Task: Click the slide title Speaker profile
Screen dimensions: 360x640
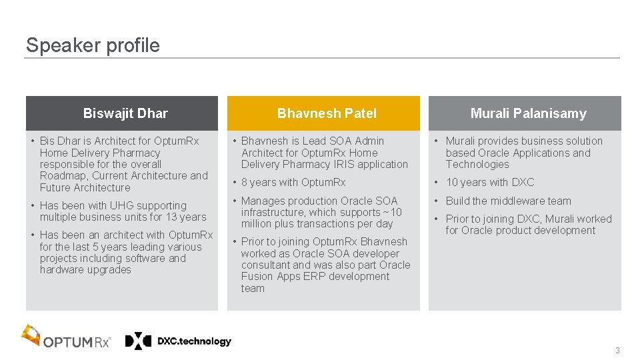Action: [x=93, y=45]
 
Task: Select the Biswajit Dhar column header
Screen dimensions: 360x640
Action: [x=125, y=113]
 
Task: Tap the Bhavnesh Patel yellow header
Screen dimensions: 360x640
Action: [x=327, y=113]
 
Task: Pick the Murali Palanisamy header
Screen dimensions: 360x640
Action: [x=528, y=113]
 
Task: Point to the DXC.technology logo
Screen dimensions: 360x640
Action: [x=179, y=341]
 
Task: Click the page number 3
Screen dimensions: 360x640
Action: [x=617, y=351]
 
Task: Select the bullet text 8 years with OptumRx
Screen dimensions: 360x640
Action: [x=293, y=182]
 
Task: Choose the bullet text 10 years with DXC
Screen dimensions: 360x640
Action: [x=490, y=182]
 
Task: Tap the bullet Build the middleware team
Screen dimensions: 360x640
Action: [x=508, y=201]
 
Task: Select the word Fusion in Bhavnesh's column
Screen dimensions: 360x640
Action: [x=257, y=277]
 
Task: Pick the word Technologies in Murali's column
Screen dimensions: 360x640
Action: [x=477, y=164]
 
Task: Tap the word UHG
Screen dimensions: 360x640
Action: [x=122, y=205]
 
